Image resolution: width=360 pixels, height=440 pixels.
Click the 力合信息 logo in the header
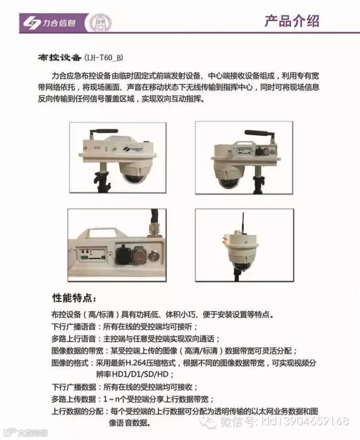click(x=49, y=23)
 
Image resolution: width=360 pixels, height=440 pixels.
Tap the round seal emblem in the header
click(x=100, y=23)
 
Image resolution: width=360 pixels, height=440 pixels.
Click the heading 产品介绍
click(x=292, y=21)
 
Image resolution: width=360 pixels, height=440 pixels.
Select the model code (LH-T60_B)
click(x=103, y=58)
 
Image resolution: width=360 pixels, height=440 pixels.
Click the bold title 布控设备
click(x=60, y=58)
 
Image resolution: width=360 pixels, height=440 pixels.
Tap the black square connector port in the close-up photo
click(x=122, y=254)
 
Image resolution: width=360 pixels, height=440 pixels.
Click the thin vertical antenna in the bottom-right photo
click(x=243, y=222)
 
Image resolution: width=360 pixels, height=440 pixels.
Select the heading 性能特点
click(x=74, y=298)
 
